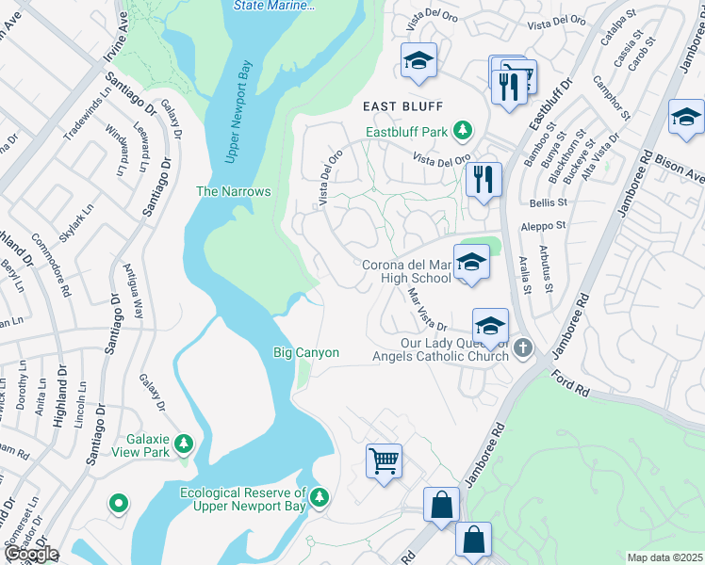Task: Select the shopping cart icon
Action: click(384, 461)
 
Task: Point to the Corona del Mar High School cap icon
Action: click(470, 263)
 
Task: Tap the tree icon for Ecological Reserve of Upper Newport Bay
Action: click(320, 496)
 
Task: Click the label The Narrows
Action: click(233, 191)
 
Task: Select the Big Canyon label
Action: click(305, 353)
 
